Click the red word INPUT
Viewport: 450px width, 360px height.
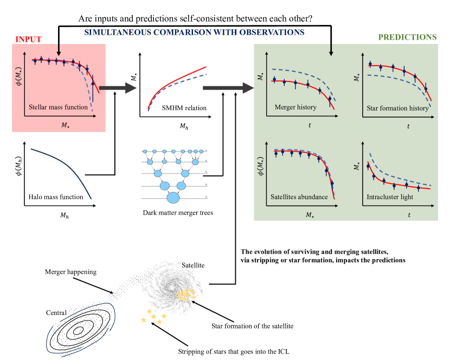click(28, 39)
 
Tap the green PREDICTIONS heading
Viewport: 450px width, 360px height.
click(407, 37)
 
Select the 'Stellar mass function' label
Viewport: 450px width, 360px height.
click(59, 107)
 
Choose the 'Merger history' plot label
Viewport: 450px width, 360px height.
click(295, 107)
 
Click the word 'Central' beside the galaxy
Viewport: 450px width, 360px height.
click(56, 312)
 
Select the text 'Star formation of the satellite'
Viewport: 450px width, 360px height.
click(252, 326)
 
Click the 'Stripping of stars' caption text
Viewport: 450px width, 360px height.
click(234, 352)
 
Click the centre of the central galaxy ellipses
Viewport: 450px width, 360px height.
click(79, 330)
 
